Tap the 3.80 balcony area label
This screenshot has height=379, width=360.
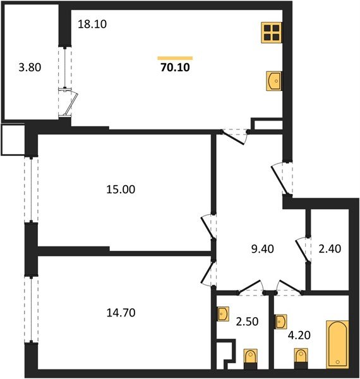[30, 66]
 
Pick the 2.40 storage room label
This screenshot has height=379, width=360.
[328, 248]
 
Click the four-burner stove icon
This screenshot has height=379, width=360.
[272, 32]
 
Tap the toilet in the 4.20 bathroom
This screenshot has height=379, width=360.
[301, 358]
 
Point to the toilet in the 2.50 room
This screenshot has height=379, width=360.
[250, 358]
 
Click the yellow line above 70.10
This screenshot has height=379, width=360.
[174, 57]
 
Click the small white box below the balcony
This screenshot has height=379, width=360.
[12, 140]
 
